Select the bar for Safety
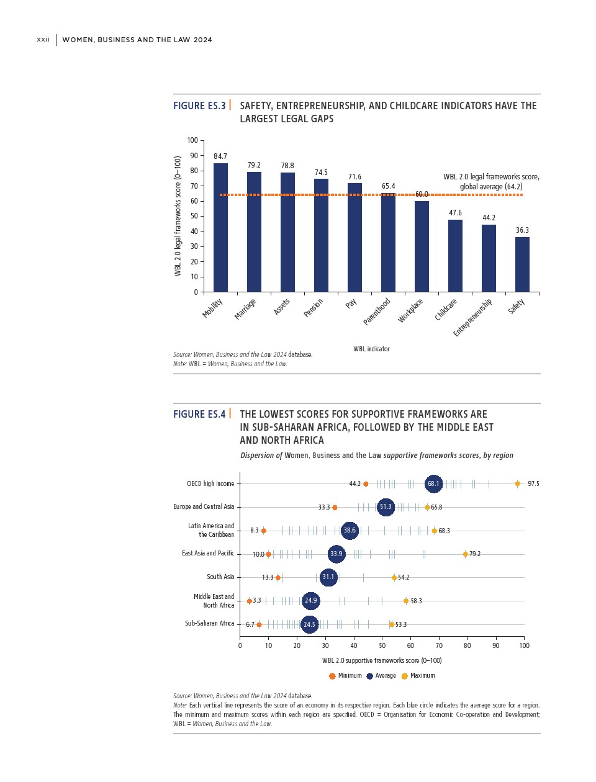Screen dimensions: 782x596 tap(522, 264)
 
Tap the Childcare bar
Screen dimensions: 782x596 tap(455, 256)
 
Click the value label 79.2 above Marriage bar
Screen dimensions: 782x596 tap(254, 165)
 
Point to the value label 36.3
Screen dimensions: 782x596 tap(522, 230)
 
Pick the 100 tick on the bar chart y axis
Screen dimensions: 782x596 tap(192, 141)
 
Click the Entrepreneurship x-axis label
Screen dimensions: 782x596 tap(473, 317)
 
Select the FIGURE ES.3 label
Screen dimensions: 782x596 tap(199, 106)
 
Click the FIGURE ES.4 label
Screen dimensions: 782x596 tap(199, 415)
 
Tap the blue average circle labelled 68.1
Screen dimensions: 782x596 tap(433, 483)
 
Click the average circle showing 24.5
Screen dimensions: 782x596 tap(309, 624)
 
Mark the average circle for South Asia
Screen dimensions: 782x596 tap(328, 577)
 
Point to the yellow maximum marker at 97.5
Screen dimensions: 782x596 tap(517, 483)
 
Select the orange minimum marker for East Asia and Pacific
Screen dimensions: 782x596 tap(268, 554)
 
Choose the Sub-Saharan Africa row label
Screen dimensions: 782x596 tap(210, 623)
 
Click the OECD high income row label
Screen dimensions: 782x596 tap(210, 483)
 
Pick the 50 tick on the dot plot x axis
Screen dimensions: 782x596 tap(382, 645)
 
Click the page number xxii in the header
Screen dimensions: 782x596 tap(43, 40)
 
